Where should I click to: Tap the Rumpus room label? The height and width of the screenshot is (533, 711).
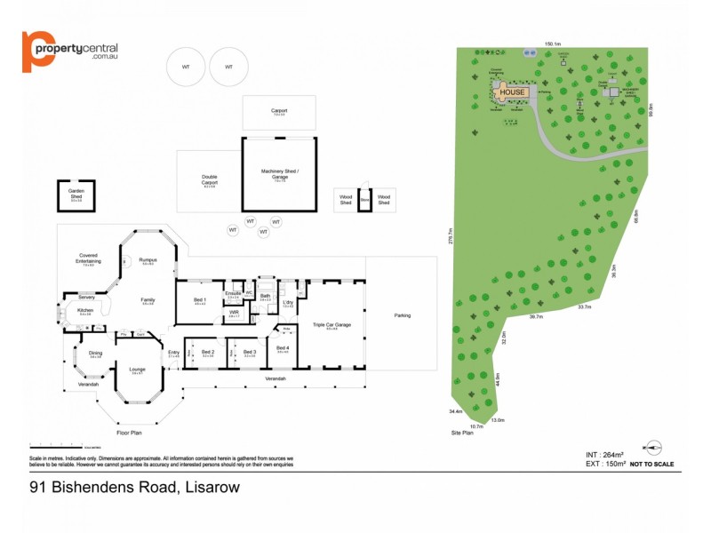click(148, 259)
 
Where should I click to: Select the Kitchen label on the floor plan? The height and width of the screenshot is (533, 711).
click(85, 310)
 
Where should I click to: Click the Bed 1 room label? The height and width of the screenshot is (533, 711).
click(200, 299)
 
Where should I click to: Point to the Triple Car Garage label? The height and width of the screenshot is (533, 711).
click(332, 325)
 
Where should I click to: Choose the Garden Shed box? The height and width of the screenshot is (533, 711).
click(76, 194)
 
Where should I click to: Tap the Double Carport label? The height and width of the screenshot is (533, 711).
click(210, 179)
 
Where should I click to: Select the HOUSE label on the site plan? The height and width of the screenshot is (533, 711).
click(512, 91)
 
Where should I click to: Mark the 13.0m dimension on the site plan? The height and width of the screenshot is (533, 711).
click(498, 420)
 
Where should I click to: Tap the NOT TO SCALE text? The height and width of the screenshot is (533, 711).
click(652, 464)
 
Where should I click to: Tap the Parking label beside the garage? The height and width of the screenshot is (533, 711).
click(403, 314)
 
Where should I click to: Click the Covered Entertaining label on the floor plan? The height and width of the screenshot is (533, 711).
click(88, 259)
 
